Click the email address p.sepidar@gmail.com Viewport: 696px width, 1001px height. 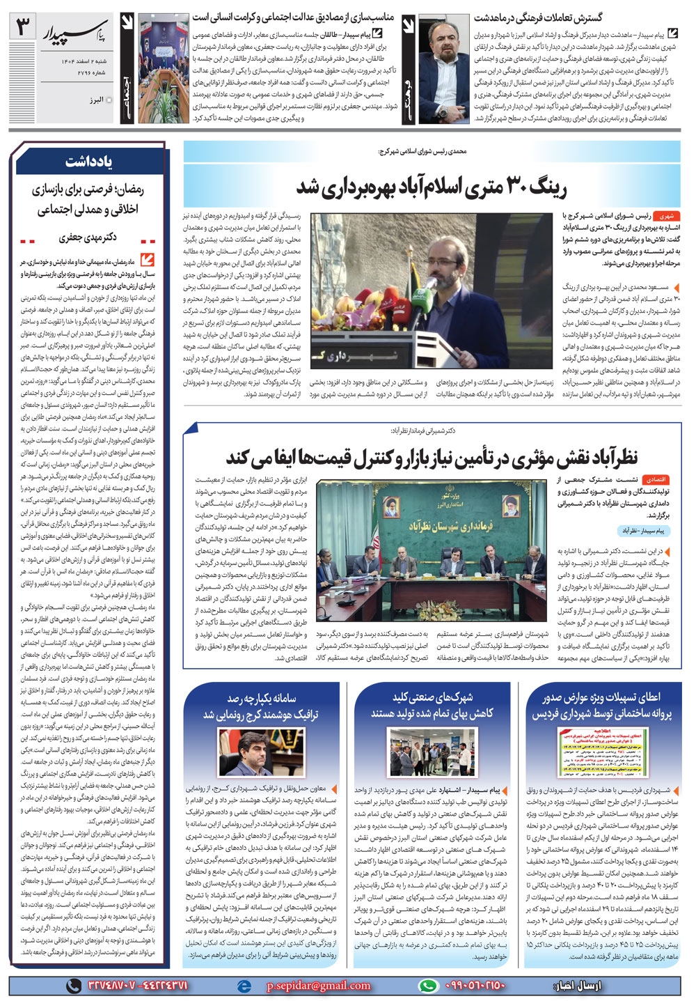[x=318, y=985]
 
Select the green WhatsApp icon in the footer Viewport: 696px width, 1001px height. [x=427, y=985]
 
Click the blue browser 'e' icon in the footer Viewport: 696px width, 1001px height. [x=243, y=985]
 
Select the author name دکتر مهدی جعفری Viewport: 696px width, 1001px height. [x=88, y=238]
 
